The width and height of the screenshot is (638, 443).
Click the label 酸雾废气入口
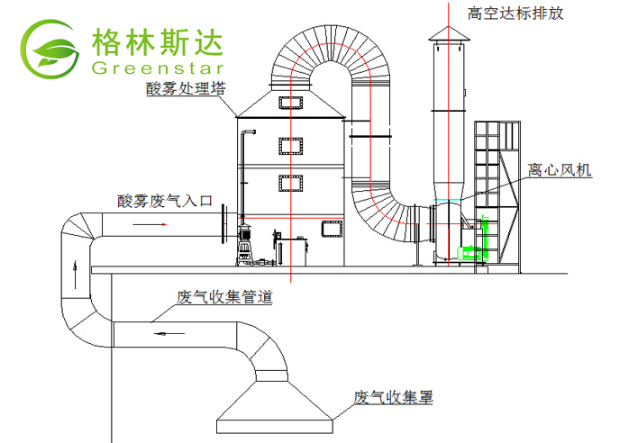click(163, 202)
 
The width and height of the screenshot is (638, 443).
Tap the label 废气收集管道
click(224, 296)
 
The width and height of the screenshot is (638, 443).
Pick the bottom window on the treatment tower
click(290, 183)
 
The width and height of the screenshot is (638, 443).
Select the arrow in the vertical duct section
click(77, 267)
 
